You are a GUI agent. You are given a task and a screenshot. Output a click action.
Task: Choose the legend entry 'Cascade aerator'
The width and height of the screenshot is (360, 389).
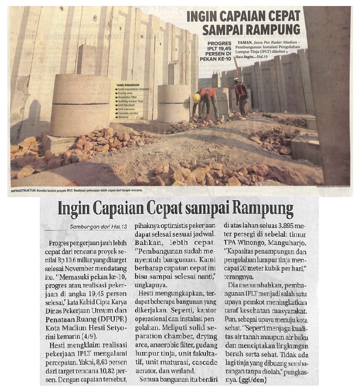(128, 114)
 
